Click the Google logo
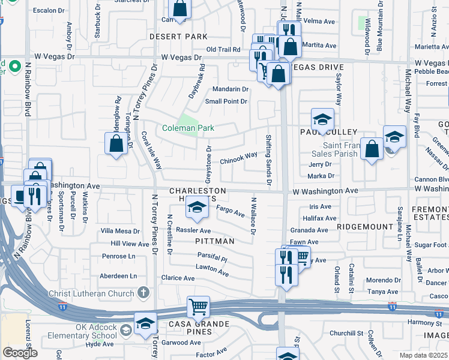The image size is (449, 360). [x=20, y=353]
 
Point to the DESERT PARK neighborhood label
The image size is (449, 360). [x=178, y=37]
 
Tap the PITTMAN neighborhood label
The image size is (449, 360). [x=214, y=241]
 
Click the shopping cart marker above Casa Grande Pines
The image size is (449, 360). [x=198, y=307]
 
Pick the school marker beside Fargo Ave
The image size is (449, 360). [x=196, y=207]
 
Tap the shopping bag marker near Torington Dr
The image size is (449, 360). [x=116, y=143]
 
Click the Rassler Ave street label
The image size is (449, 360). [x=193, y=230]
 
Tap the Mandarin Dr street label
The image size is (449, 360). [x=231, y=89]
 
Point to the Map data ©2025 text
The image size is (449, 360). [x=423, y=355]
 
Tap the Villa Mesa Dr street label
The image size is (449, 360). [x=119, y=230]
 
